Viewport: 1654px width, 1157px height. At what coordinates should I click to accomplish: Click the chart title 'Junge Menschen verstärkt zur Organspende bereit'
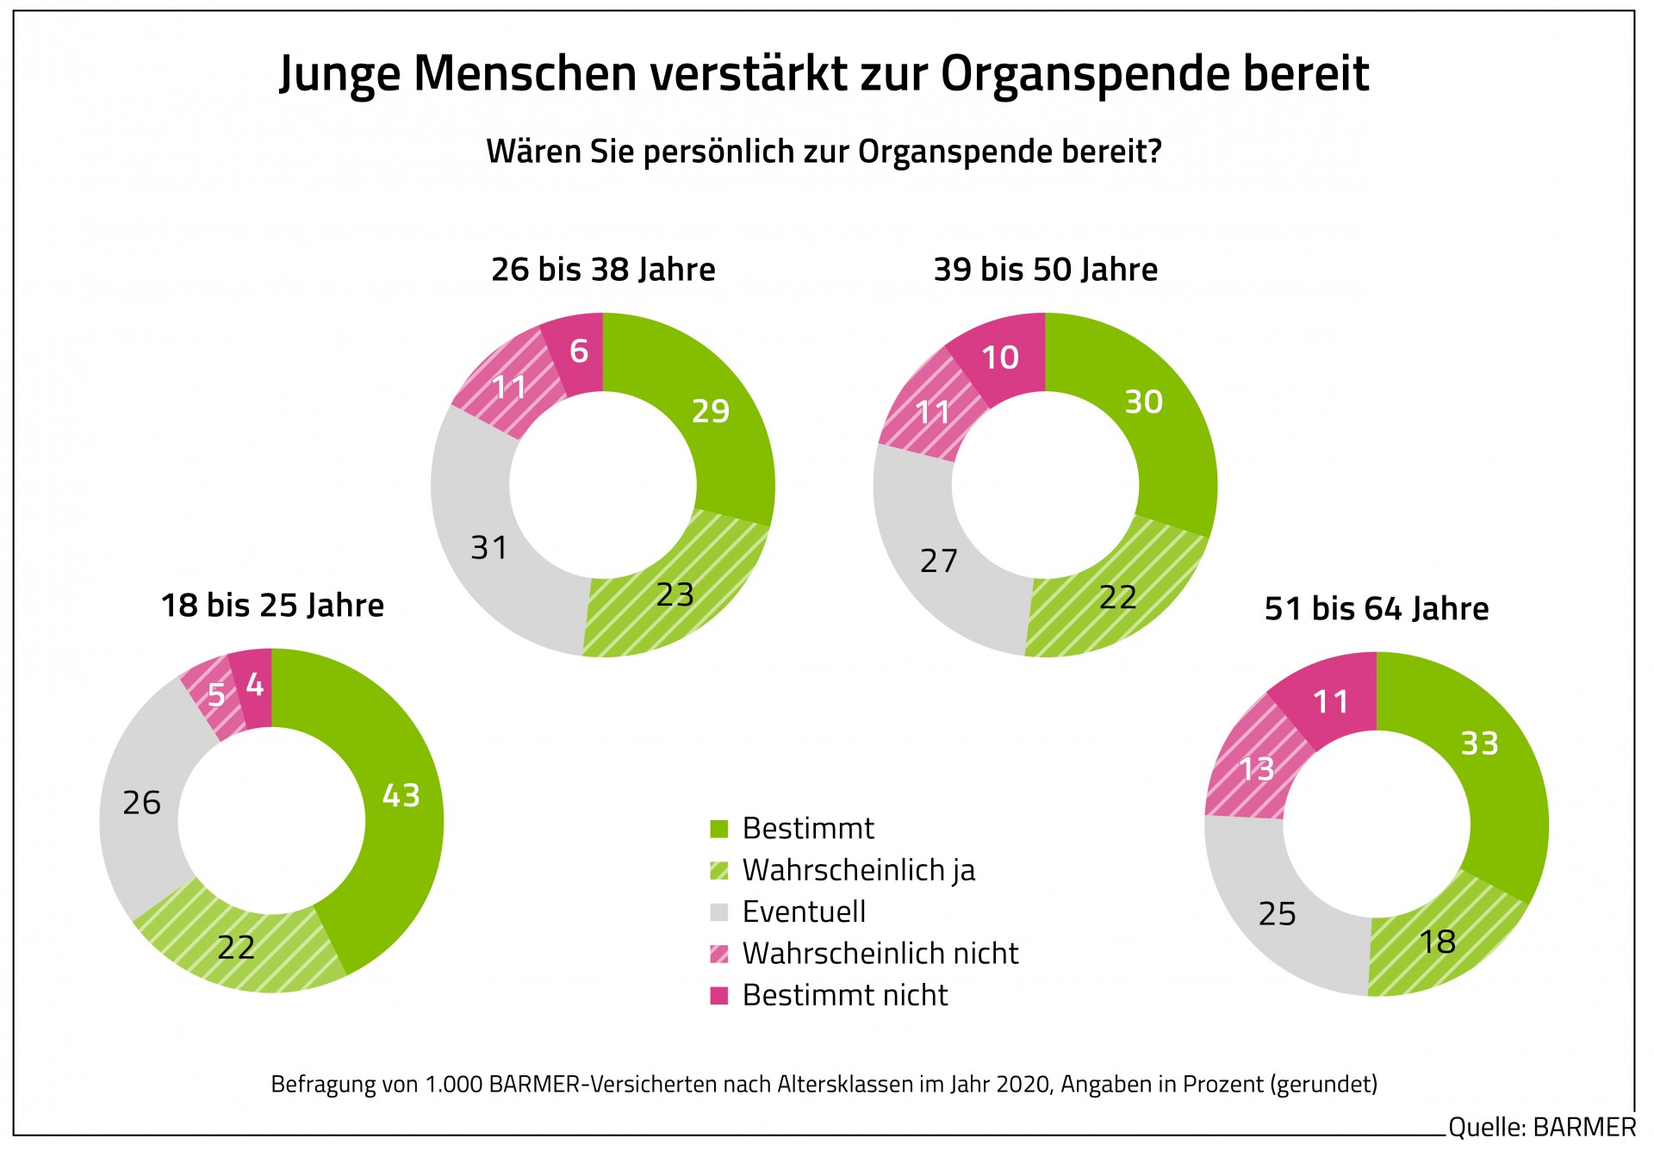pos(824,74)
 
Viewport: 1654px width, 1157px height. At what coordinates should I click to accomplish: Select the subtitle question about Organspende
pos(824,152)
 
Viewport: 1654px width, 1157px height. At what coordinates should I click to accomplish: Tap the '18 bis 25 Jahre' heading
pos(272,606)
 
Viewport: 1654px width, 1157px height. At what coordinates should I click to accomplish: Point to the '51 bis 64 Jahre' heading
pos(1376,609)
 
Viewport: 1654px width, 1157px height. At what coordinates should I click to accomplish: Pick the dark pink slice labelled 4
pos(254,687)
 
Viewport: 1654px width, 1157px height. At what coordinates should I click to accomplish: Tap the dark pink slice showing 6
pos(578,351)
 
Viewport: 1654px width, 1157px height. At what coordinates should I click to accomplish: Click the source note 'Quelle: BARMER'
pos(1541,1127)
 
